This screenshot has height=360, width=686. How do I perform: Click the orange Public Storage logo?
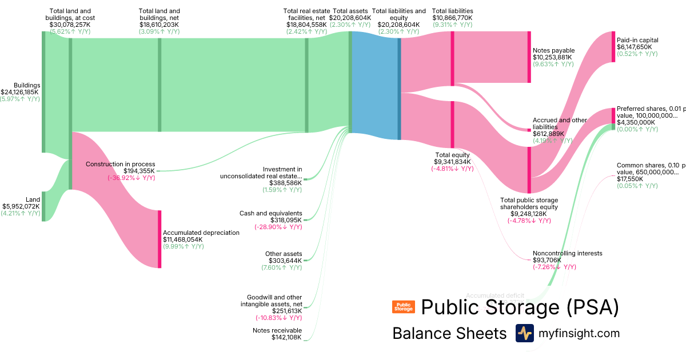click(x=403, y=307)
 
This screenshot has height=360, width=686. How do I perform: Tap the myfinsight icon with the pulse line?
click(x=524, y=333)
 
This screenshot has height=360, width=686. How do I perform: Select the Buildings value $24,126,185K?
click(x=20, y=92)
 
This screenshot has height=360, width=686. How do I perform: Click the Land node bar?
click(x=43, y=198)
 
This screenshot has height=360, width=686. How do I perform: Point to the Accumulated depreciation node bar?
click(x=159, y=239)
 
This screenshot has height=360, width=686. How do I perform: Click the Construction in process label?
click(x=120, y=164)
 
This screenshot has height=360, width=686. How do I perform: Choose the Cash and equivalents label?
click(x=270, y=213)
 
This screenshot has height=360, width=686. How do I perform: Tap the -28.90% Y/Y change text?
click(x=278, y=227)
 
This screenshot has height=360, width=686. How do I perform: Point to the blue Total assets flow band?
click(x=374, y=86)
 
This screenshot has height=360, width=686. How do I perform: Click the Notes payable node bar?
click(x=529, y=57)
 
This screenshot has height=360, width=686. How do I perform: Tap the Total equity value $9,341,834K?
click(x=452, y=162)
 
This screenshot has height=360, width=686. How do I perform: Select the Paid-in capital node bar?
click(x=613, y=47)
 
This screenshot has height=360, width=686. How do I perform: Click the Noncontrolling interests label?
click(x=567, y=253)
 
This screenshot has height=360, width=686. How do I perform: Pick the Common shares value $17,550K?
click(x=629, y=179)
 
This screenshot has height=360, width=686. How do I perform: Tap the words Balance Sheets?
click(x=449, y=334)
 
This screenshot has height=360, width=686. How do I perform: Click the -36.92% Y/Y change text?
click(x=131, y=178)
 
